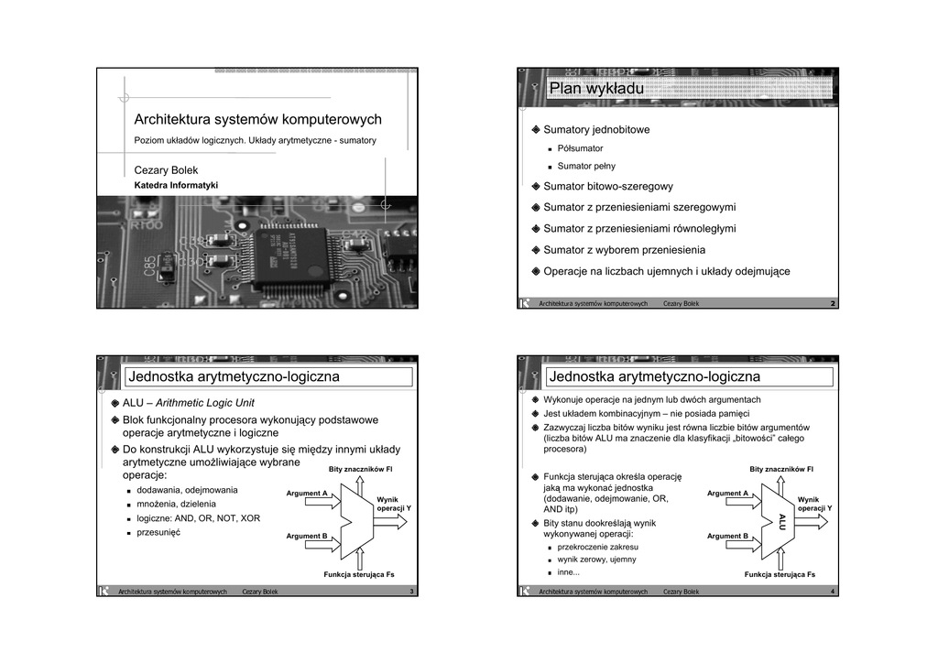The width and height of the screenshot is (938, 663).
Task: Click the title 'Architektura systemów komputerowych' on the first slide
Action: (257, 120)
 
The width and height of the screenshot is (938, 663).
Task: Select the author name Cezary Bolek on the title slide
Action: (166, 170)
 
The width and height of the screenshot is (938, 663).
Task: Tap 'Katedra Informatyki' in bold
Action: (176, 185)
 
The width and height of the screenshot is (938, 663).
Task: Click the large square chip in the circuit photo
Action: (286, 255)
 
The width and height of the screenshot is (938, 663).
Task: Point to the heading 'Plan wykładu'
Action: (596, 89)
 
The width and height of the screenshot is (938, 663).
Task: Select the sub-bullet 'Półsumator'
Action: (580, 148)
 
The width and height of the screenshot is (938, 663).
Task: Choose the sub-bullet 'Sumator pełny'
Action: (586, 167)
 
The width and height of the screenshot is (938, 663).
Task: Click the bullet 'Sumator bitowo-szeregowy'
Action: (608, 187)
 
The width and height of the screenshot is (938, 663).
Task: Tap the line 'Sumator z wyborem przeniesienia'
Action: (624, 250)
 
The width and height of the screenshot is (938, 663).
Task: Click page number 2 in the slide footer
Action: (832, 304)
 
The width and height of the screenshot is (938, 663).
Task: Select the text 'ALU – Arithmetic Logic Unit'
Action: (189, 403)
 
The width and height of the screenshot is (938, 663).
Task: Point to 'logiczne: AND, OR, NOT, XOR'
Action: (198, 518)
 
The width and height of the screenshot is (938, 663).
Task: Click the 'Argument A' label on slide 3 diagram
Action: (307, 494)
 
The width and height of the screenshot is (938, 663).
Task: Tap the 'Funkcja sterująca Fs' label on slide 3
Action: (360, 574)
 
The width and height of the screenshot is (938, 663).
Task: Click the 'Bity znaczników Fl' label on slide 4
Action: (781, 469)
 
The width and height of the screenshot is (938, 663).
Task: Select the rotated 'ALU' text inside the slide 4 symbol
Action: (782, 521)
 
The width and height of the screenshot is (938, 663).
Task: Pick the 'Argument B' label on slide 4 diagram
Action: (727, 537)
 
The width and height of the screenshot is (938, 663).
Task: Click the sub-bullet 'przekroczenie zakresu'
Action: (597, 547)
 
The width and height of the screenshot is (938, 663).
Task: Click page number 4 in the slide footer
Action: (832, 592)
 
